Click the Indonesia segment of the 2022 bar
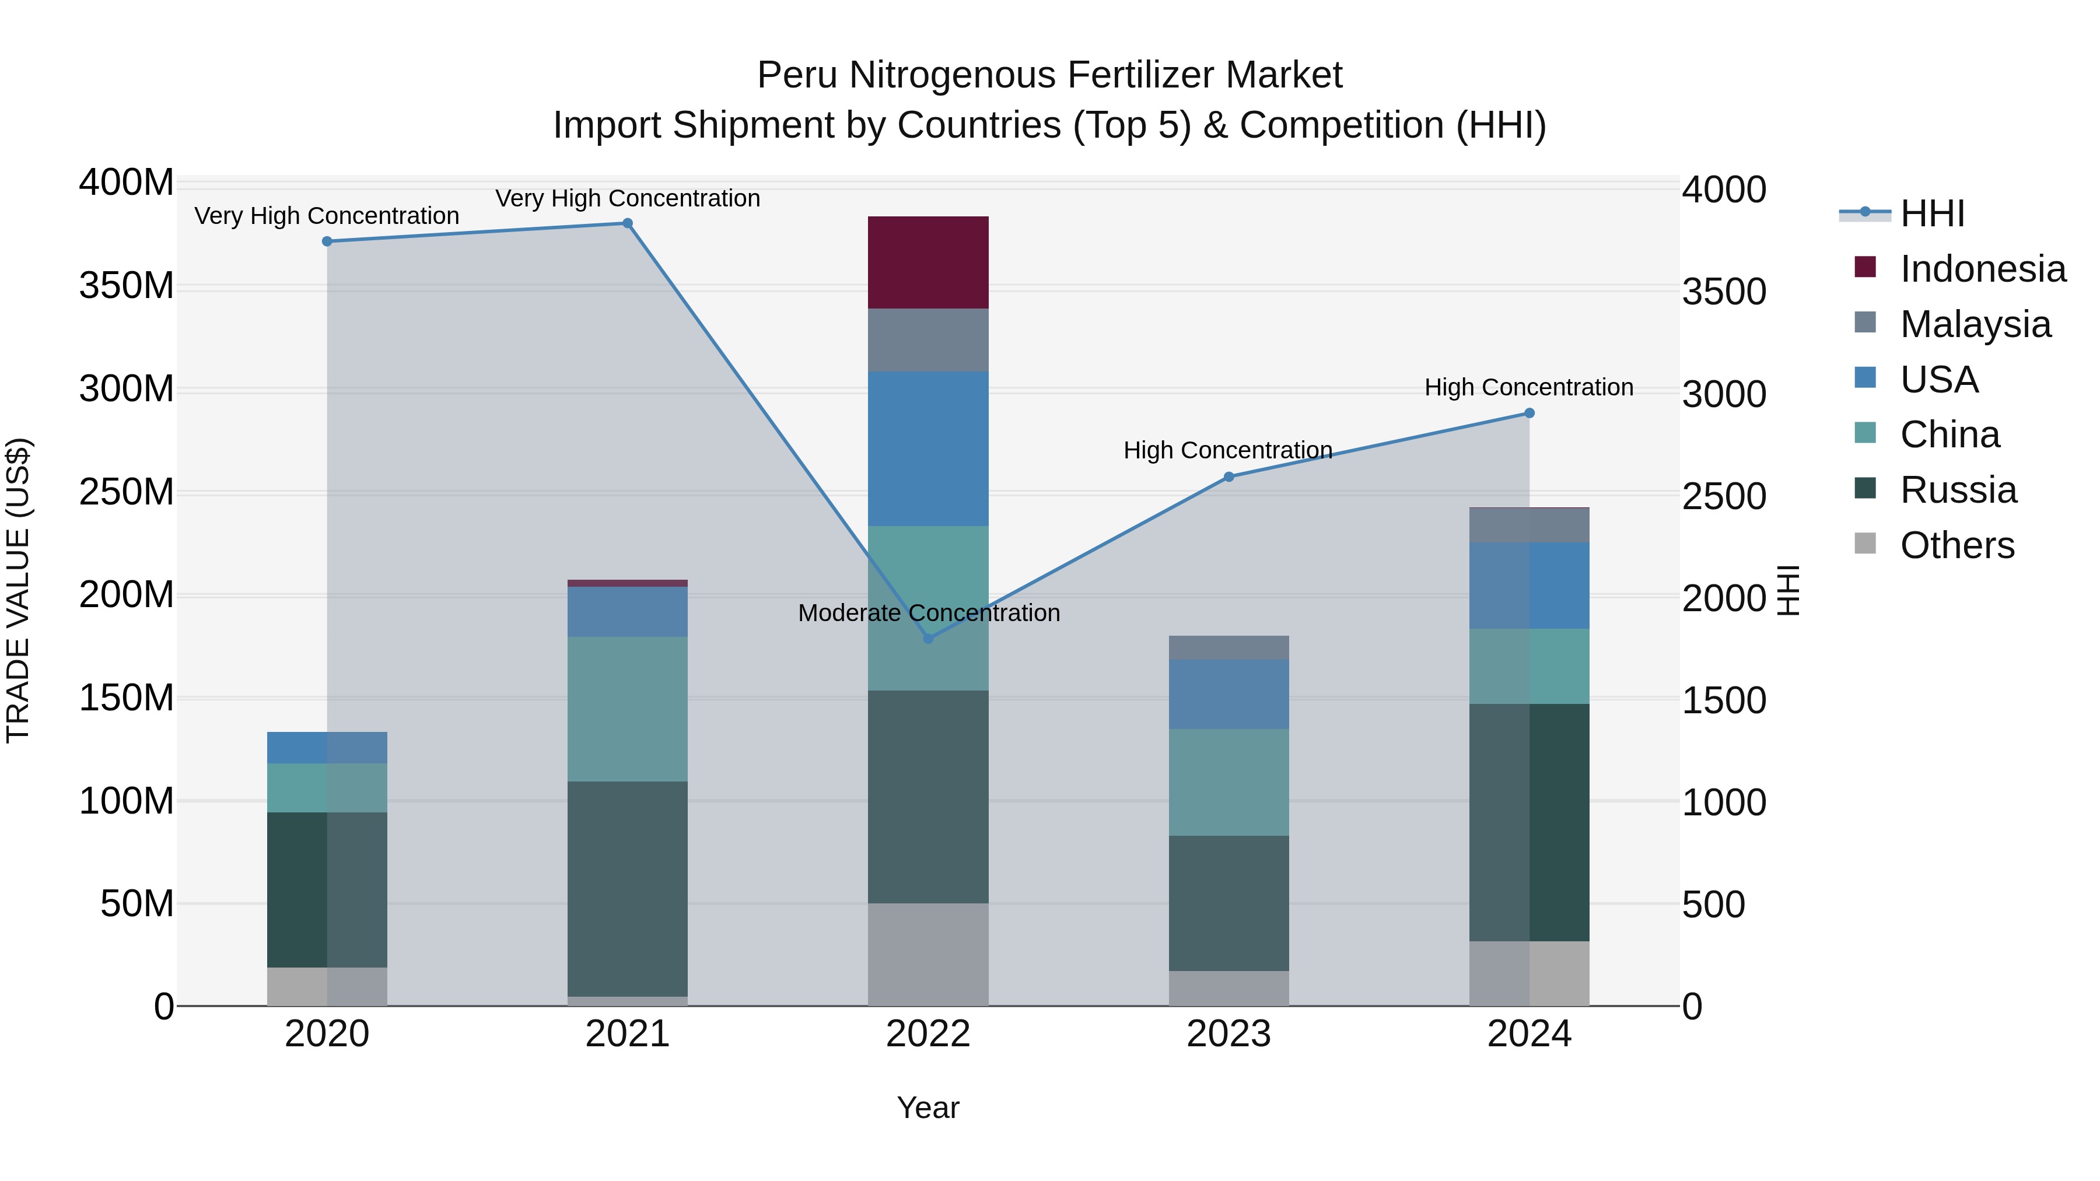point(928,262)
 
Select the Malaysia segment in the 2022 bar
point(928,340)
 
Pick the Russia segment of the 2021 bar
point(627,888)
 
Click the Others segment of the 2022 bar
point(928,954)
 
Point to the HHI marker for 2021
point(627,223)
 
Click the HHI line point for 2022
point(928,638)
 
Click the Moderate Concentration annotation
point(929,612)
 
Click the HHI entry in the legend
point(1931,213)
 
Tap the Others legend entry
point(1957,545)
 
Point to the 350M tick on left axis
point(127,286)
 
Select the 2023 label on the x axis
point(1228,1033)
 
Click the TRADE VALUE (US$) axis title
point(18,590)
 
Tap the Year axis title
point(928,1108)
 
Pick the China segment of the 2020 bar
point(327,787)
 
